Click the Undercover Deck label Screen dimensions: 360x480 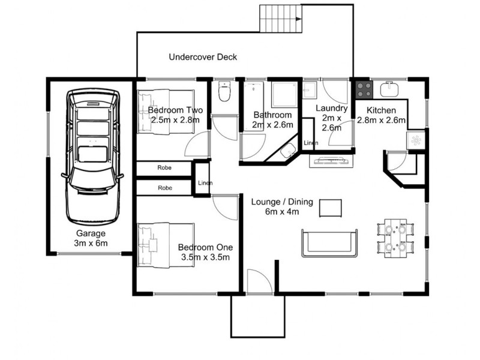(203, 57)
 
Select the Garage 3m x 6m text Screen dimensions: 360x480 (91, 238)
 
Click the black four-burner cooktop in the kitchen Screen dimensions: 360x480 (364, 89)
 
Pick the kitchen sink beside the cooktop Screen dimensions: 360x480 (389, 89)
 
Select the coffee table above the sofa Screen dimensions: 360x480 (330, 208)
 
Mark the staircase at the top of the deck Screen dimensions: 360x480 (281, 18)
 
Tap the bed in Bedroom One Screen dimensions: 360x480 (166, 245)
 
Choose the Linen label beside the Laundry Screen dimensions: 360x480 (311, 143)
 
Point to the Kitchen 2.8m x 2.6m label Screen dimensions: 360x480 (382, 115)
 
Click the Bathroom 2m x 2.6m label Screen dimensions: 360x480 (272, 120)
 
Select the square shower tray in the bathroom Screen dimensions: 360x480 (283, 95)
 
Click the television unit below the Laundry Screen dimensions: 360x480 (330, 160)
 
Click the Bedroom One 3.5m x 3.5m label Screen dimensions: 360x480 (204, 252)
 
